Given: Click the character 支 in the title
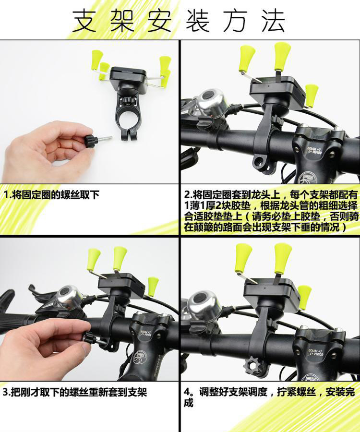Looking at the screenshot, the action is (84, 21).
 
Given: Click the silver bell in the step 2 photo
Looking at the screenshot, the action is (212, 103).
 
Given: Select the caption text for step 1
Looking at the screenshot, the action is (51, 195).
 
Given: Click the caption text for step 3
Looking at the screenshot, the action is (75, 392).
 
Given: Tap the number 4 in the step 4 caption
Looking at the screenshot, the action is (187, 392).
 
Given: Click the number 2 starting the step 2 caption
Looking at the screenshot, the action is (187, 195).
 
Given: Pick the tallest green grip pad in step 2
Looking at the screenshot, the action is (283, 54).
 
